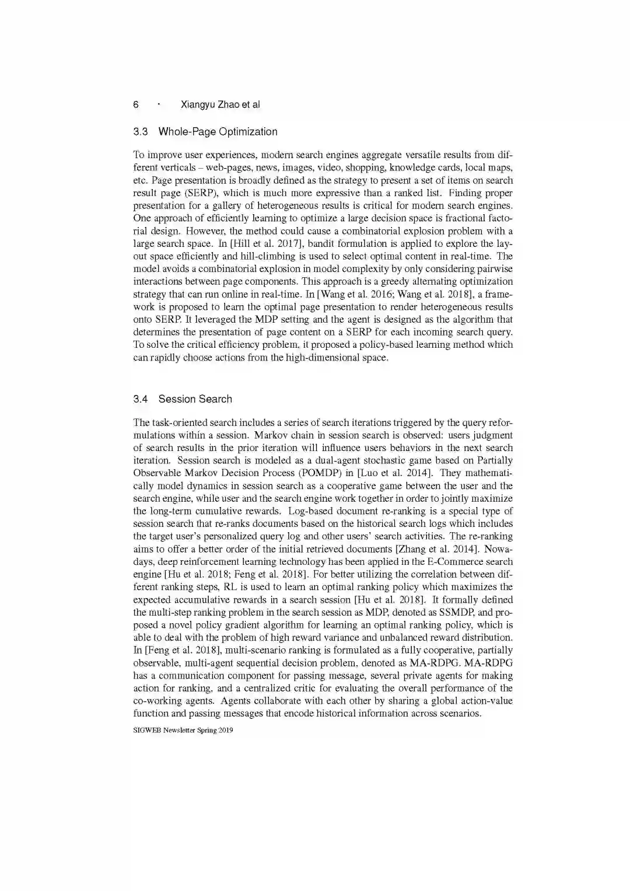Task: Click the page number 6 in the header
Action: click(136, 105)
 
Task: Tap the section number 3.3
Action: click(140, 132)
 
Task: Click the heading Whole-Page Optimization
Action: click(218, 132)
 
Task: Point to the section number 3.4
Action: click(140, 399)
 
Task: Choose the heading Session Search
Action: click(195, 399)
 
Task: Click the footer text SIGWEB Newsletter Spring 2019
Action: click(183, 730)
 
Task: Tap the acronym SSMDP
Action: click(457, 613)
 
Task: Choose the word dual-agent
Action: click(338, 460)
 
